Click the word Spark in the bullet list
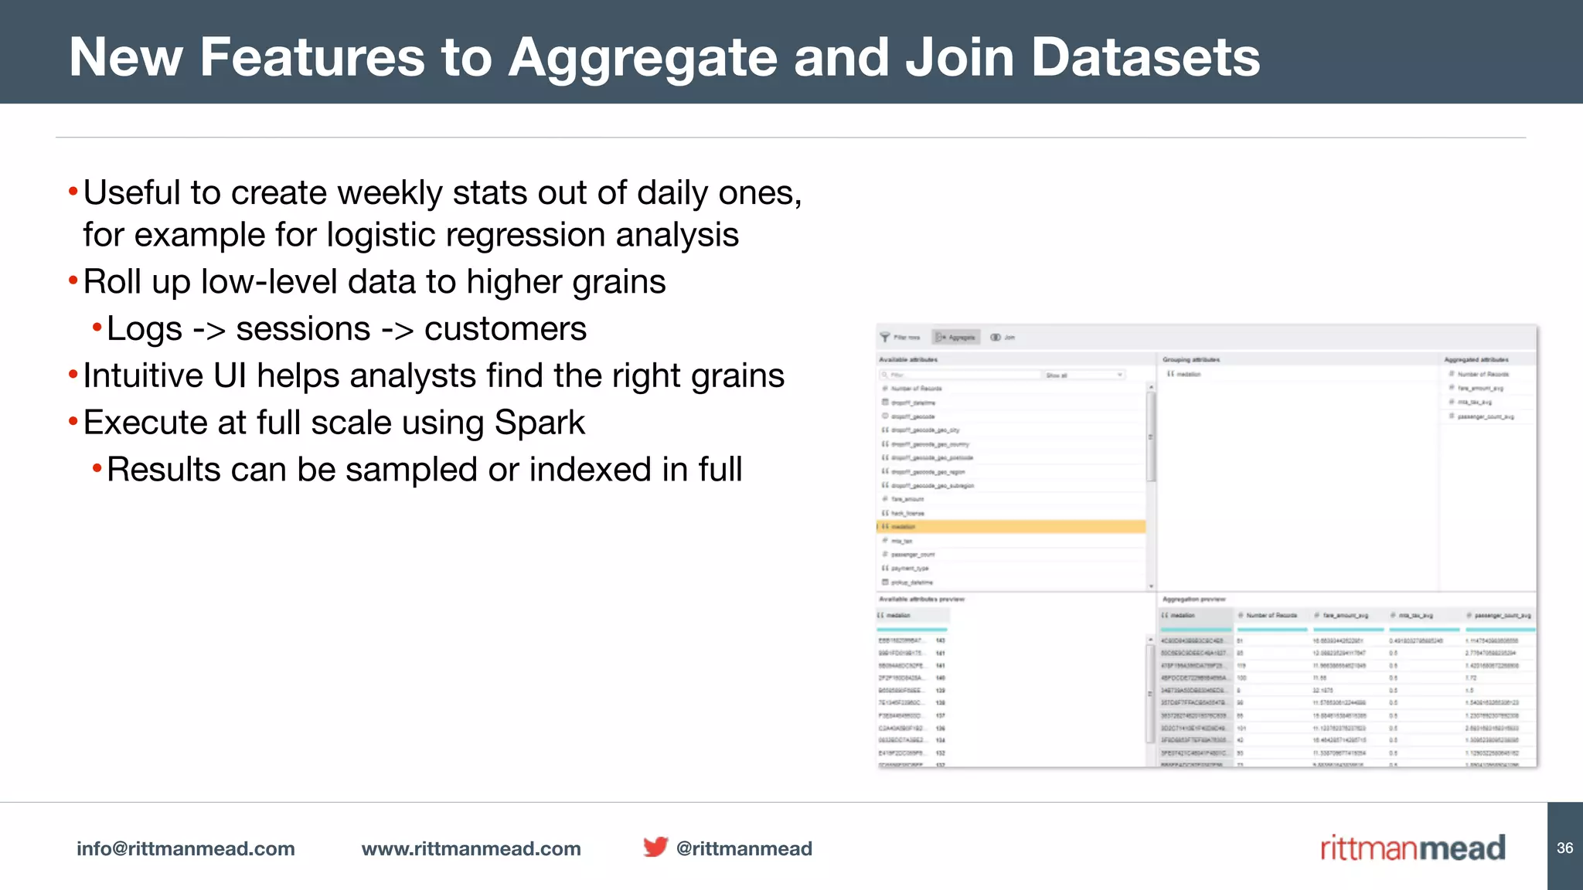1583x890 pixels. click(540, 423)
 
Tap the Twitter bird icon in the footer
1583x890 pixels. click(655, 847)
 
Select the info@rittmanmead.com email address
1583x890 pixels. click(186, 848)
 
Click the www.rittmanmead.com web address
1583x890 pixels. click(471, 848)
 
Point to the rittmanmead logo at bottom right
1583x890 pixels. click(1412, 848)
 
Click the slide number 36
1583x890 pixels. click(1564, 848)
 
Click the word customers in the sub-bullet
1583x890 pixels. click(505, 329)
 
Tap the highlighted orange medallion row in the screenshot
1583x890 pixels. click(1011, 527)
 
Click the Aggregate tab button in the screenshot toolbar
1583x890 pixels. click(956, 338)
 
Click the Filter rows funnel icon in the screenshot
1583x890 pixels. click(885, 338)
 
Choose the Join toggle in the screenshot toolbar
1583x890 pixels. click(1003, 338)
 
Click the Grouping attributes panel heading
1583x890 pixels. click(1191, 360)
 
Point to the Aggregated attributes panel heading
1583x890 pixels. click(1476, 360)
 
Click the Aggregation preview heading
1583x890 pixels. click(1194, 600)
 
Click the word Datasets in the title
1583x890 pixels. click(1145, 58)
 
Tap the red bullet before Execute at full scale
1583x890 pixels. click(73, 422)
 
